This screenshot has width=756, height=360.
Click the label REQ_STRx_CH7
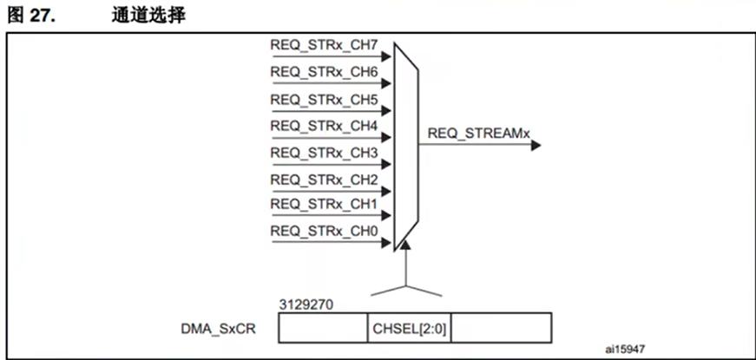click(x=324, y=44)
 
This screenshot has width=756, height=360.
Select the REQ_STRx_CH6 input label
click(x=324, y=71)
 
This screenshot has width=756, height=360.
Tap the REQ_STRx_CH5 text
click(x=324, y=99)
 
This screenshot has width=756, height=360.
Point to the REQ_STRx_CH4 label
click(x=324, y=126)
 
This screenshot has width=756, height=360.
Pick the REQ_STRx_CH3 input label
click(x=324, y=153)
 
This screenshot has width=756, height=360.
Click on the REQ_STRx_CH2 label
click(x=324, y=180)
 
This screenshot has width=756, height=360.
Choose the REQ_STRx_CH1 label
click(x=324, y=205)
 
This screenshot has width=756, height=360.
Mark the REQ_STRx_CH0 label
click(x=324, y=231)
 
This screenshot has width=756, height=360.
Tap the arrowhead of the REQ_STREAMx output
click(x=536, y=146)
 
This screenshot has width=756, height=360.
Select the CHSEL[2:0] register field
click(x=409, y=329)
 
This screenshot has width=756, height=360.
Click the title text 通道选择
click(x=148, y=15)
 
